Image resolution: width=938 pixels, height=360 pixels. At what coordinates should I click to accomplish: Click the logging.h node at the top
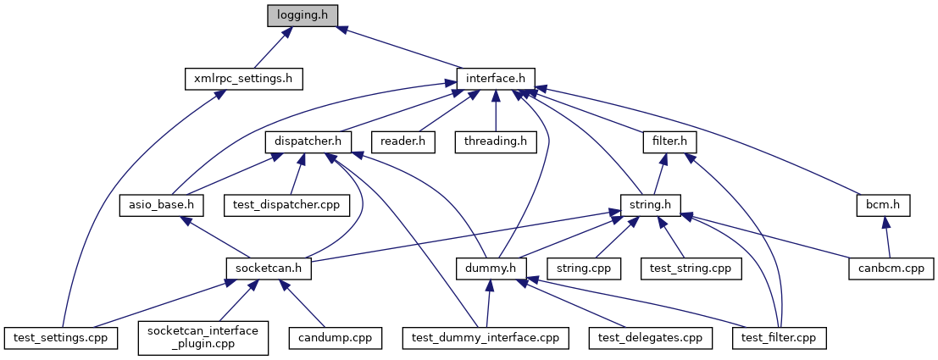pos(302,15)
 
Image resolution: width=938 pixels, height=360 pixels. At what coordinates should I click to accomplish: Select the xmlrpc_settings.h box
pos(243,79)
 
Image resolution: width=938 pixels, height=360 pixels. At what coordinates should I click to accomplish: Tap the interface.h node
pos(496,79)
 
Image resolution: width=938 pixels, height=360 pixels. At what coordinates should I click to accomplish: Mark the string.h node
pos(650,204)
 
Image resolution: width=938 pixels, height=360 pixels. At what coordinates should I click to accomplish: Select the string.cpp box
pos(584,268)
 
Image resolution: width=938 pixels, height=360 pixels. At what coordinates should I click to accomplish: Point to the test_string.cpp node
pos(691,268)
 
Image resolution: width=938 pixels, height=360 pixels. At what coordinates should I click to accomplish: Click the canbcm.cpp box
pos(891,268)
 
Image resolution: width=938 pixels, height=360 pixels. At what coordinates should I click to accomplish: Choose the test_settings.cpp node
pos(59,337)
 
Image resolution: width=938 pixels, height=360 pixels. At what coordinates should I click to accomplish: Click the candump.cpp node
pos(334,337)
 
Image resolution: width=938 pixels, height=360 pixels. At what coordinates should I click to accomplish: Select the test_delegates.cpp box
pos(651,337)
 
